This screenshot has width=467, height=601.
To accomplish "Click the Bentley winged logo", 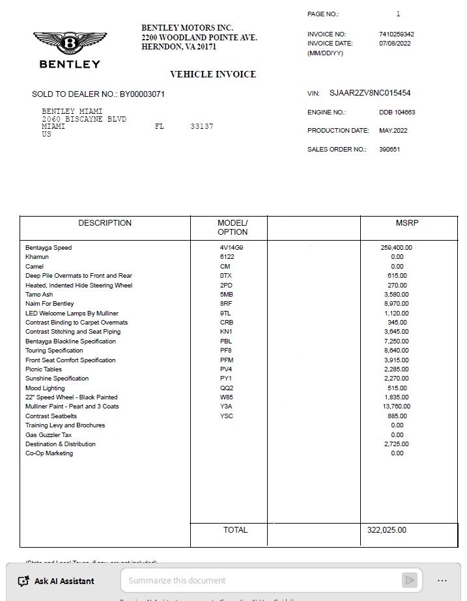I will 70,44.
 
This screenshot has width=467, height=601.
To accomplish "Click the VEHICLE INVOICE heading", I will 213,74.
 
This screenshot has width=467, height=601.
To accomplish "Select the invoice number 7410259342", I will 396,34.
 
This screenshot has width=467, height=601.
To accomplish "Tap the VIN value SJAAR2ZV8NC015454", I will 370,94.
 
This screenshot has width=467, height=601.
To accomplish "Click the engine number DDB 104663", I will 397,113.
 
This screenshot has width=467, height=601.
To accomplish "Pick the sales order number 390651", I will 389,150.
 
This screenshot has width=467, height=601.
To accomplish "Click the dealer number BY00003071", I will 142,94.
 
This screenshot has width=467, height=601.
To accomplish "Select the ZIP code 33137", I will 202,126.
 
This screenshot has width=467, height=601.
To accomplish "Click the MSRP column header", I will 407,223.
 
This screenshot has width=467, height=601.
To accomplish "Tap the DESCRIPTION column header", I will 105,223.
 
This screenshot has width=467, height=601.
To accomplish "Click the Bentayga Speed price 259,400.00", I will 396,248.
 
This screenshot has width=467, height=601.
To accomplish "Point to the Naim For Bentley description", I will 50,304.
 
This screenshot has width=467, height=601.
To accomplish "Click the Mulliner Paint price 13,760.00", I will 396,407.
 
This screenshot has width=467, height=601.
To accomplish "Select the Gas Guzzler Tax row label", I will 48,434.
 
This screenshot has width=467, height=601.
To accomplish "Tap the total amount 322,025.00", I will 386,530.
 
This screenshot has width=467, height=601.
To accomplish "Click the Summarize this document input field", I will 261,580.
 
